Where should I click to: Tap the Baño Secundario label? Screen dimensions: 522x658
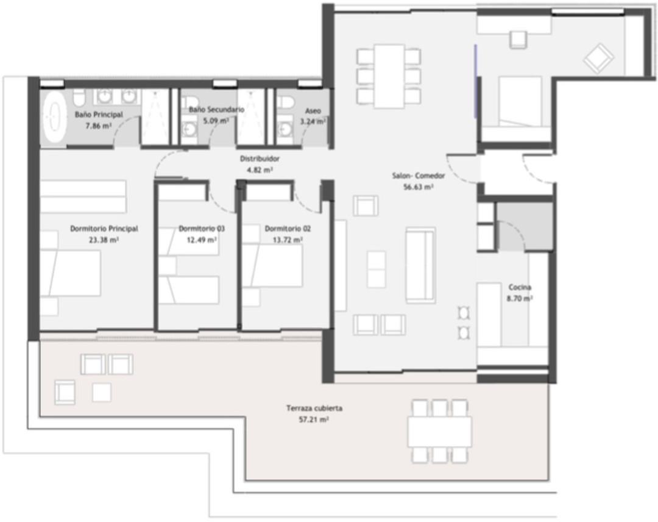216,110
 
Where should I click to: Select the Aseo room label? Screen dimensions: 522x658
312,112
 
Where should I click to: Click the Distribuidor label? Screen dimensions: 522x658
259,159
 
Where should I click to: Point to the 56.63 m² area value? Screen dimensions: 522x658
418,187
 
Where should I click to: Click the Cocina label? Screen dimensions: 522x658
520,287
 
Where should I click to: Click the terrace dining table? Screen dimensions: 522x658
439,431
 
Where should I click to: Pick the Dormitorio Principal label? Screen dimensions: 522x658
104,229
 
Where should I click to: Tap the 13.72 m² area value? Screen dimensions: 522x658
288,240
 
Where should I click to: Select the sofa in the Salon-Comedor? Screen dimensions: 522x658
420,265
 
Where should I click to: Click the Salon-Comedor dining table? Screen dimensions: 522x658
389,75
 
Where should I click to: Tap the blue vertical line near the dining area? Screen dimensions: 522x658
475,79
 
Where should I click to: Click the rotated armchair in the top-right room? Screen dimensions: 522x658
598,58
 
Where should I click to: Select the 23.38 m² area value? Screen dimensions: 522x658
104,240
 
